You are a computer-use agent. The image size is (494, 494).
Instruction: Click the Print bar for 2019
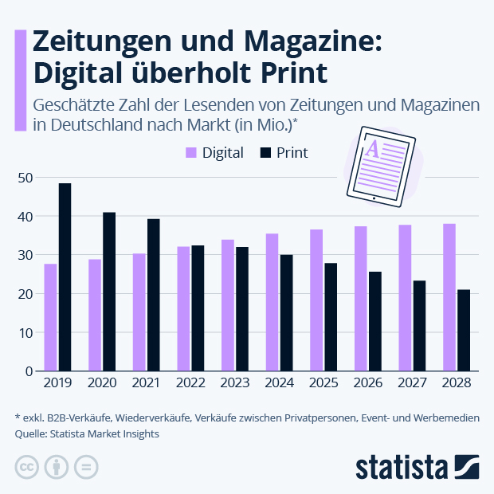pyautogui.click(x=65, y=277)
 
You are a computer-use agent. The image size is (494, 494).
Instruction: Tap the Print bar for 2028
pyautogui.click(x=463, y=330)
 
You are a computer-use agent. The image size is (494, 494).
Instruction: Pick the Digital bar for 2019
pyautogui.click(x=50, y=317)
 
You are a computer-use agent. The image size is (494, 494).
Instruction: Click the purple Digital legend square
pyautogui.click(x=191, y=152)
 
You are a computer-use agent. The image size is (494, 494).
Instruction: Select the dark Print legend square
pyautogui.click(x=265, y=152)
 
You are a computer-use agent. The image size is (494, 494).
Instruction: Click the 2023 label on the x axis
pyautogui.click(x=235, y=383)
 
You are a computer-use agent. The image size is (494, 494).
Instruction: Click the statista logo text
pyautogui.click(x=402, y=466)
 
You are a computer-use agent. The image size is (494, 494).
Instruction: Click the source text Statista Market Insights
pyautogui.click(x=103, y=433)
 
